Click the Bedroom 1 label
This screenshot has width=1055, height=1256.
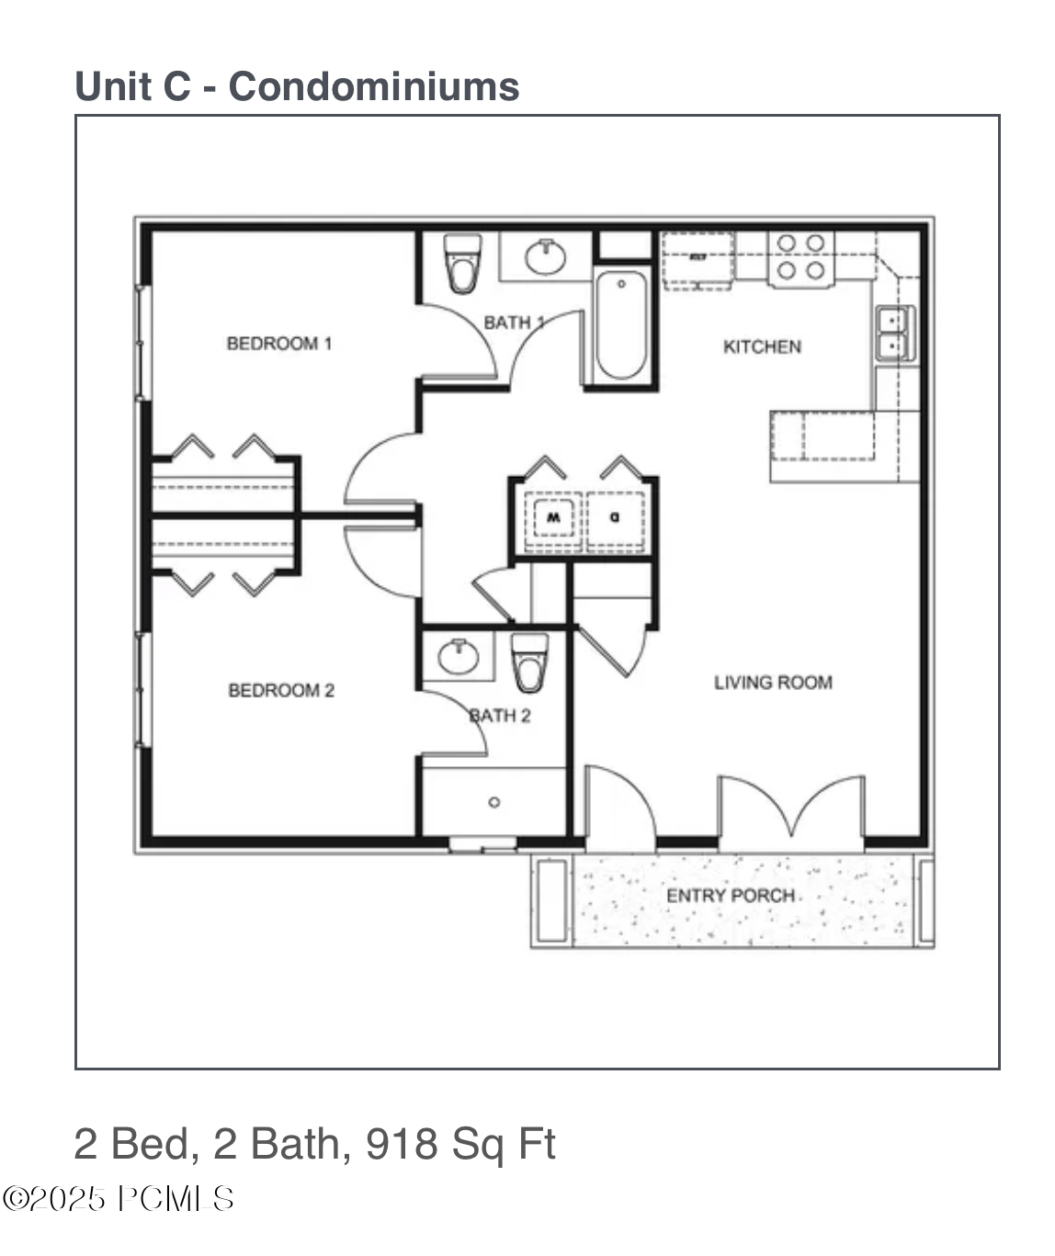[278, 344]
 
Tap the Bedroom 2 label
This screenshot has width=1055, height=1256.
[281, 690]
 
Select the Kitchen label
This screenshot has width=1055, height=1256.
[762, 346]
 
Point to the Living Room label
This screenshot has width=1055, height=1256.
[773, 683]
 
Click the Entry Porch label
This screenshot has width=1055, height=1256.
[731, 895]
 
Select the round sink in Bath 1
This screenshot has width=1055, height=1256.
[546, 256]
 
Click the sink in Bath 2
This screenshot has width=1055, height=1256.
[458, 656]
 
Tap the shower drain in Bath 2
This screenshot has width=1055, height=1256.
[494, 802]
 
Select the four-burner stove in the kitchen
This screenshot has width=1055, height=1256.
[800, 257]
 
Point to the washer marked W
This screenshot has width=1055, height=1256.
[552, 518]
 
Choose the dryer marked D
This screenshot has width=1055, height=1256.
[615, 518]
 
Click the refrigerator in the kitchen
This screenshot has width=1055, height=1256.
[698, 260]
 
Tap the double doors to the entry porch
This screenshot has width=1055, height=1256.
[790, 809]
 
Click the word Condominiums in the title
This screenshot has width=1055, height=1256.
[374, 86]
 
